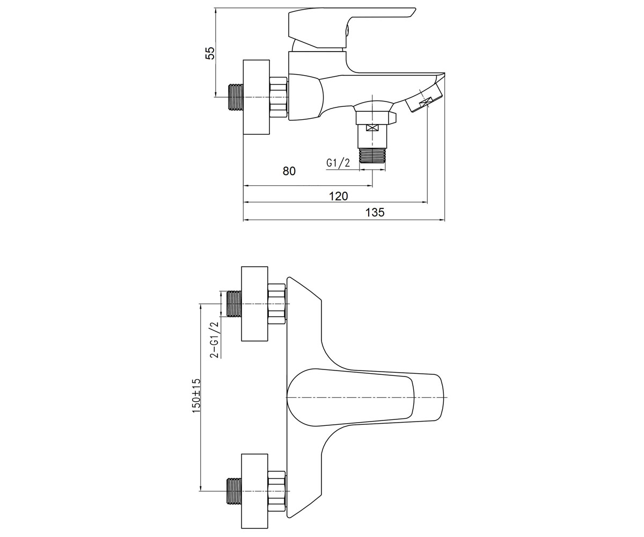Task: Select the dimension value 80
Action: click(289, 171)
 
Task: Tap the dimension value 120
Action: click(338, 196)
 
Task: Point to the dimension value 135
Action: click(375, 212)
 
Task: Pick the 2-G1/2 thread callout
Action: click(214, 340)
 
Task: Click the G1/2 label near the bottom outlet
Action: click(338, 163)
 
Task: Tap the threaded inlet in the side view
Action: click(236, 97)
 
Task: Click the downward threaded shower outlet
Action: click(372, 155)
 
